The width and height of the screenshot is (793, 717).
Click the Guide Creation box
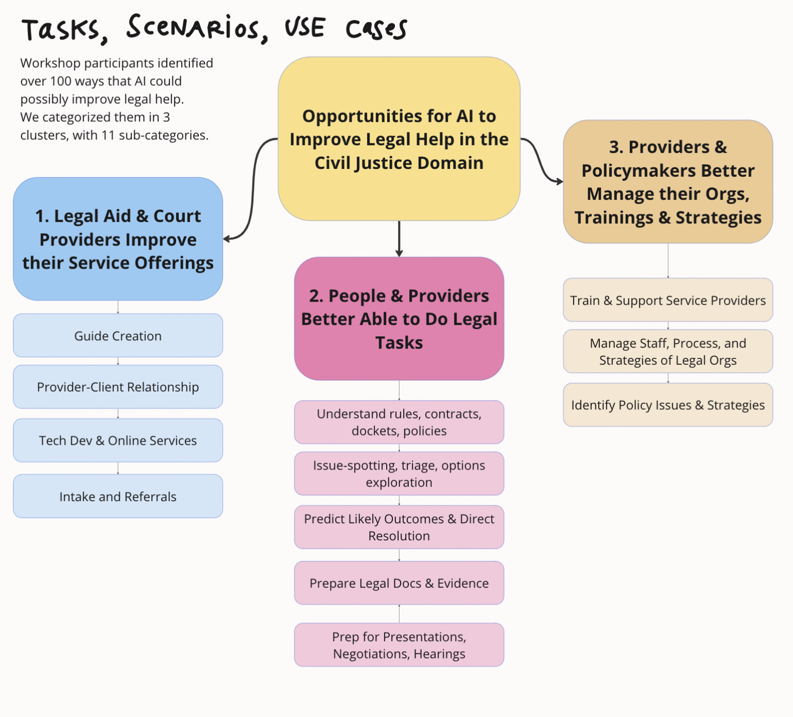pos(118,336)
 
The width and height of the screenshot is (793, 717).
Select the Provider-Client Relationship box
pos(118,387)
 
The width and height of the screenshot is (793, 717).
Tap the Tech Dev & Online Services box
pos(118,441)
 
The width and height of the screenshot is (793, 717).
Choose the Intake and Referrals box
pos(118,496)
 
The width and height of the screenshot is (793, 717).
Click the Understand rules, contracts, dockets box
pos(399,422)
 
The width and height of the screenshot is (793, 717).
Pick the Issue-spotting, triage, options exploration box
pos(399,474)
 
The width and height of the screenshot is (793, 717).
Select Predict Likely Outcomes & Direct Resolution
pos(399,527)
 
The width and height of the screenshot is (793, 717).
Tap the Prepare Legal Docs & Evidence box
pos(399,583)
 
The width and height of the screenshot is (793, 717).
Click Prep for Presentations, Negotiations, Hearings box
pos(399,645)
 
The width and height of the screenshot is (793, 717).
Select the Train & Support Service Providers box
pos(668,300)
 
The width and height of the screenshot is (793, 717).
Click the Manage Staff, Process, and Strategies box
pos(668,351)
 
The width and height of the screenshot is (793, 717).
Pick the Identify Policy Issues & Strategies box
pos(668,405)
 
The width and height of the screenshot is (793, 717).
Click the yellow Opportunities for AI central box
pos(399,139)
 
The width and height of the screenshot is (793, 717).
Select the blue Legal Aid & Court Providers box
pos(118,239)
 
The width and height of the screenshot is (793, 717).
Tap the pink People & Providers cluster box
pos(399,319)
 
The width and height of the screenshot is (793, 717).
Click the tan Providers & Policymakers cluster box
pos(668,182)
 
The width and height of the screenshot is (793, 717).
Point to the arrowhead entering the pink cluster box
pos(399,253)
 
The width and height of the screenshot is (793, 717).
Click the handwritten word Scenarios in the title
pos(196,28)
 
